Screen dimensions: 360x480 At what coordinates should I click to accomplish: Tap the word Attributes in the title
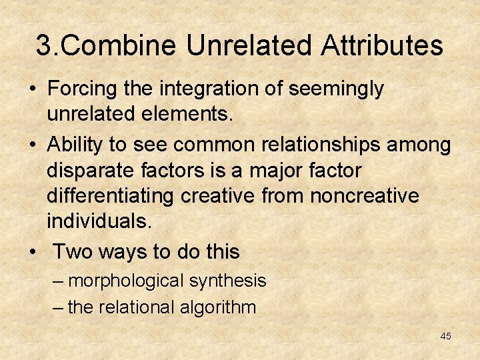click(381, 46)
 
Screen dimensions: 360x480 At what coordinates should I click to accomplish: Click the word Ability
click(75, 145)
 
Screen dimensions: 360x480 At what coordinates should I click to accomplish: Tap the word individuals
click(99, 221)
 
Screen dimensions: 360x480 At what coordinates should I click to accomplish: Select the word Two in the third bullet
click(70, 251)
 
